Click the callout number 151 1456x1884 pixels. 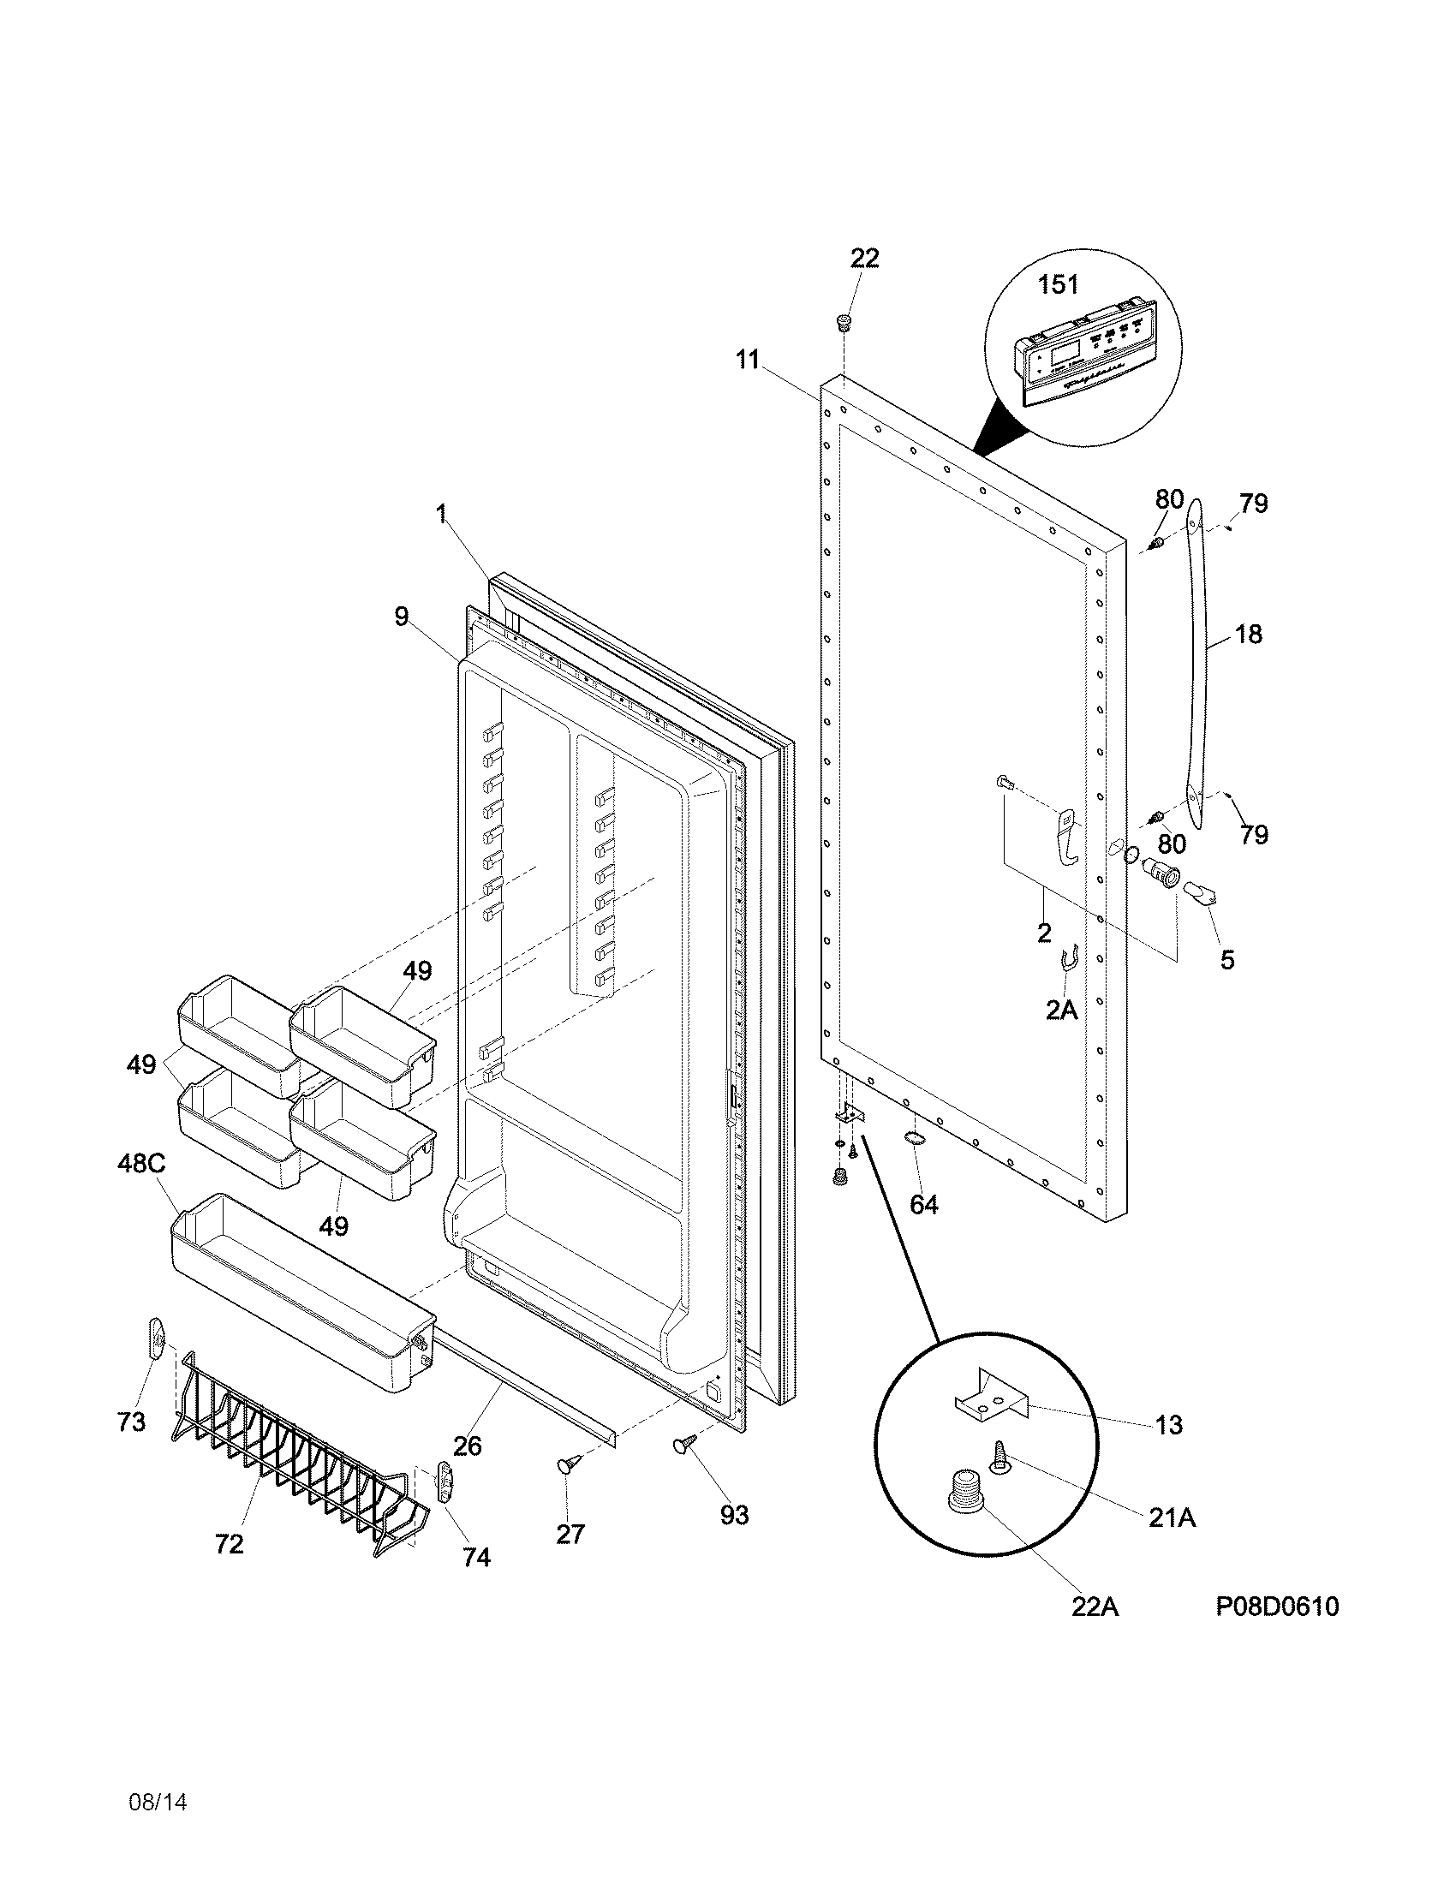(x=1058, y=283)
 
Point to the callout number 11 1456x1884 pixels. (x=748, y=360)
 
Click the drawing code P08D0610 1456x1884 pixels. (x=1278, y=1607)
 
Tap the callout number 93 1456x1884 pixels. (x=734, y=1514)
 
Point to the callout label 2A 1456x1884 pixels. (x=1061, y=1011)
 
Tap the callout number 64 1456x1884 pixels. (x=923, y=1204)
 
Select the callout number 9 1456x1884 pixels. (x=402, y=617)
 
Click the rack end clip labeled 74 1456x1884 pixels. (x=445, y=1482)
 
